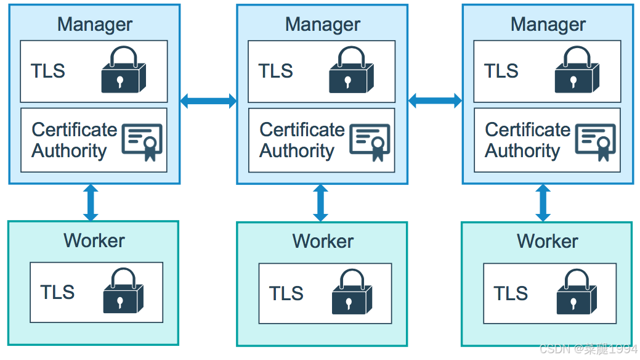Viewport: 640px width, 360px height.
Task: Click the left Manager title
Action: pos(94,24)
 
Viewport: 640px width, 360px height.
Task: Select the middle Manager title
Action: pos(322,24)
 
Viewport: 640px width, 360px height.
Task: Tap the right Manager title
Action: pos(548,24)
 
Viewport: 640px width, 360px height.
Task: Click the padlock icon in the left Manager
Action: pos(124,71)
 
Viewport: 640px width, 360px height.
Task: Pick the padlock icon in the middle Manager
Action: pos(351,71)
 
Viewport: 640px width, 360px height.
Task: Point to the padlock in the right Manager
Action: pos(577,71)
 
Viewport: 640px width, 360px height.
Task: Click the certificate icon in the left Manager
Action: pos(142,141)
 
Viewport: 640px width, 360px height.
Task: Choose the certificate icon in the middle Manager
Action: pos(370,141)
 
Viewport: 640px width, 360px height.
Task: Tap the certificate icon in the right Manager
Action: pos(596,141)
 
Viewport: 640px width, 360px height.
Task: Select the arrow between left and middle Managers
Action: pos(208,100)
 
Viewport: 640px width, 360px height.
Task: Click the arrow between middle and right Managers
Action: pos(435,100)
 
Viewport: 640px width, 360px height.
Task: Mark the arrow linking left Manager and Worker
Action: pos(91,202)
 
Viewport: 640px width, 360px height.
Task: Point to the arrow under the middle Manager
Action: pos(320,203)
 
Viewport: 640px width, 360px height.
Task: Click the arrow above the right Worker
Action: pos(543,203)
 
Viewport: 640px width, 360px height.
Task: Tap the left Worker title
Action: pos(94,240)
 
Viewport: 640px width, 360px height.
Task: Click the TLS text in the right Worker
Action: pos(511,293)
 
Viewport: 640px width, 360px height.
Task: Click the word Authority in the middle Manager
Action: pos(296,151)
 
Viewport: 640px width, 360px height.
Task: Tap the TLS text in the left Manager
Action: pos(48,71)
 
